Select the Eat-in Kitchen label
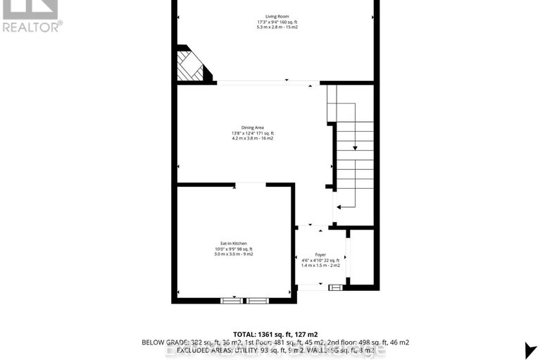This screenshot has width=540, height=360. coord(232,243)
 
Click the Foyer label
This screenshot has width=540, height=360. coord(320,254)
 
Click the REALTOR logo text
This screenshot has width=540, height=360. coord(32,27)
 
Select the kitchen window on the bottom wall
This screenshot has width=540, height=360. coord(245,300)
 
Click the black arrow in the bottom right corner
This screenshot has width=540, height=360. coord(530,349)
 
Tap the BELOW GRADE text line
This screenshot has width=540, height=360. coord(275,342)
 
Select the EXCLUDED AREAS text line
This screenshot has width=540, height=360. coord(275,350)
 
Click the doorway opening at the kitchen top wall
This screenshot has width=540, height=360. coord(250,185)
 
